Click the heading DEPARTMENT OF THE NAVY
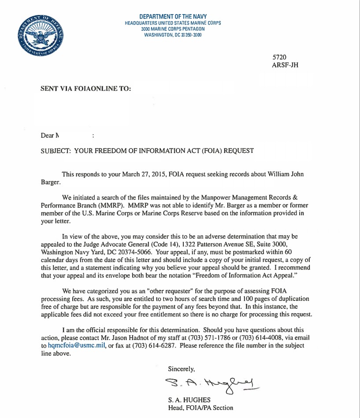(x=173, y=17)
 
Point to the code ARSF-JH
(x=286, y=65)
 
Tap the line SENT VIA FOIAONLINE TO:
(x=85, y=88)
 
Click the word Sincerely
(x=181, y=368)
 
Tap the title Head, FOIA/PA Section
(x=200, y=408)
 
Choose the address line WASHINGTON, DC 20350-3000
(x=173, y=35)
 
